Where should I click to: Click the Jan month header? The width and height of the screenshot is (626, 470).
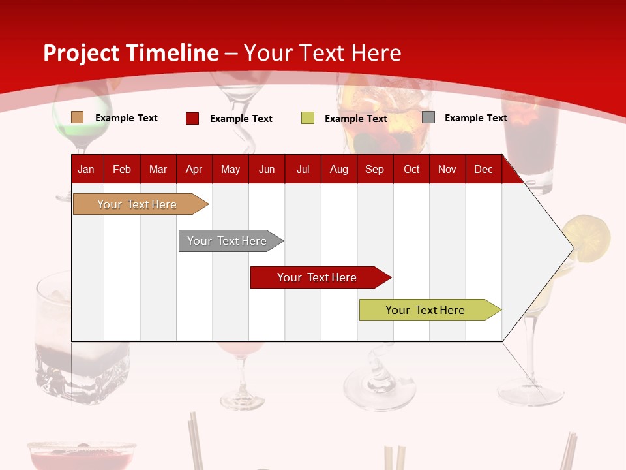(x=86, y=169)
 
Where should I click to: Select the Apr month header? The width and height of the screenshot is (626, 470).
(x=194, y=169)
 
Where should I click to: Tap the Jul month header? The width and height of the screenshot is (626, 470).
(x=303, y=169)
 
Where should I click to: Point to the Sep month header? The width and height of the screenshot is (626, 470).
(x=374, y=169)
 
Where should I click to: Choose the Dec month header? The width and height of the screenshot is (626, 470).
(x=483, y=169)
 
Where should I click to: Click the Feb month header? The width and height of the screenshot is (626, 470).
(x=122, y=169)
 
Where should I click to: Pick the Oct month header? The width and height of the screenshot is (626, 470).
(x=411, y=169)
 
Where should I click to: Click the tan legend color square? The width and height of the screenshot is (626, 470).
(x=77, y=117)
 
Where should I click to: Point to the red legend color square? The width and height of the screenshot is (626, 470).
(x=192, y=118)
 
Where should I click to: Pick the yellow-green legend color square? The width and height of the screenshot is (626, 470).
(x=308, y=118)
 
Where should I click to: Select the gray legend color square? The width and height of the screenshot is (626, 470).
(x=428, y=117)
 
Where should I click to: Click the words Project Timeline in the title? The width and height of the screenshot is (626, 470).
(x=131, y=53)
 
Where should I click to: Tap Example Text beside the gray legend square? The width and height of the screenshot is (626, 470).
(x=475, y=118)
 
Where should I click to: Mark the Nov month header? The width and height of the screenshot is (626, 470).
(x=447, y=169)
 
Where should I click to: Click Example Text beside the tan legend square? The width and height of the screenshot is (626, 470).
(x=127, y=118)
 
